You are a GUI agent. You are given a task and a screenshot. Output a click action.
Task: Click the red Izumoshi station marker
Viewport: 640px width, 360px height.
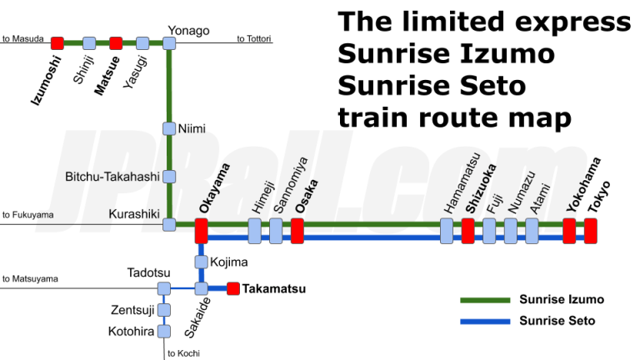[x=57, y=42]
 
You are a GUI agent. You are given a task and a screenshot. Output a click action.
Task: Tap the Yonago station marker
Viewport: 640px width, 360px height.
[x=169, y=42]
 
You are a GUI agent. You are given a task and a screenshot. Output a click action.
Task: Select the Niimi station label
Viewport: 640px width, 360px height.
[x=192, y=128]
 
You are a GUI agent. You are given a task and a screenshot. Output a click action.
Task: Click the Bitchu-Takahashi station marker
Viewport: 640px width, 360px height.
[x=169, y=177]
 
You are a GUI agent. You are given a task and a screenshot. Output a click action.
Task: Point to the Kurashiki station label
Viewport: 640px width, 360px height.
[x=133, y=214]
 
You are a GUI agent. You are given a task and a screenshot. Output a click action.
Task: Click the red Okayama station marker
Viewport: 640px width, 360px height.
[x=201, y=230]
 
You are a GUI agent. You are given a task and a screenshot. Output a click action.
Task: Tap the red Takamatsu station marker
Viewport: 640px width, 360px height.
[x=233, y=289]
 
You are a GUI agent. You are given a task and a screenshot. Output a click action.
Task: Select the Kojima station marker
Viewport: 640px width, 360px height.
[x=201, y=262]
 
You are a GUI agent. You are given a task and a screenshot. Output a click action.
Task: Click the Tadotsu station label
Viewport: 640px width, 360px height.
[x=148, y=272]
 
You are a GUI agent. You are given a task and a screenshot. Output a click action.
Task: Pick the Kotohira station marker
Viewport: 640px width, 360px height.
[x=164, y=332]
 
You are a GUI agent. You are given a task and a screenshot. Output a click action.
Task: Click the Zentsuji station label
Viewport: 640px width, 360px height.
[x=132, y=310]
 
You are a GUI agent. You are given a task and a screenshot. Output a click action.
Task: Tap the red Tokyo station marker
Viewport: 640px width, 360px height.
[x=591, y=230]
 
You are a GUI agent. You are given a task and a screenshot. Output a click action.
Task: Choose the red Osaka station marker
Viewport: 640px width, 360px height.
[x=297, y=230]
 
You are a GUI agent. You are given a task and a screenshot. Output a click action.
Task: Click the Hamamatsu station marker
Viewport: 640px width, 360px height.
[x=447, y=230]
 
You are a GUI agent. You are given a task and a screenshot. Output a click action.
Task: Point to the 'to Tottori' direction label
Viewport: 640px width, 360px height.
[x=255, y=38]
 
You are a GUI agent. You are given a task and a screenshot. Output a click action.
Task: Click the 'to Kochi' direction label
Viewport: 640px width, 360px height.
[x=183, y=353]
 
